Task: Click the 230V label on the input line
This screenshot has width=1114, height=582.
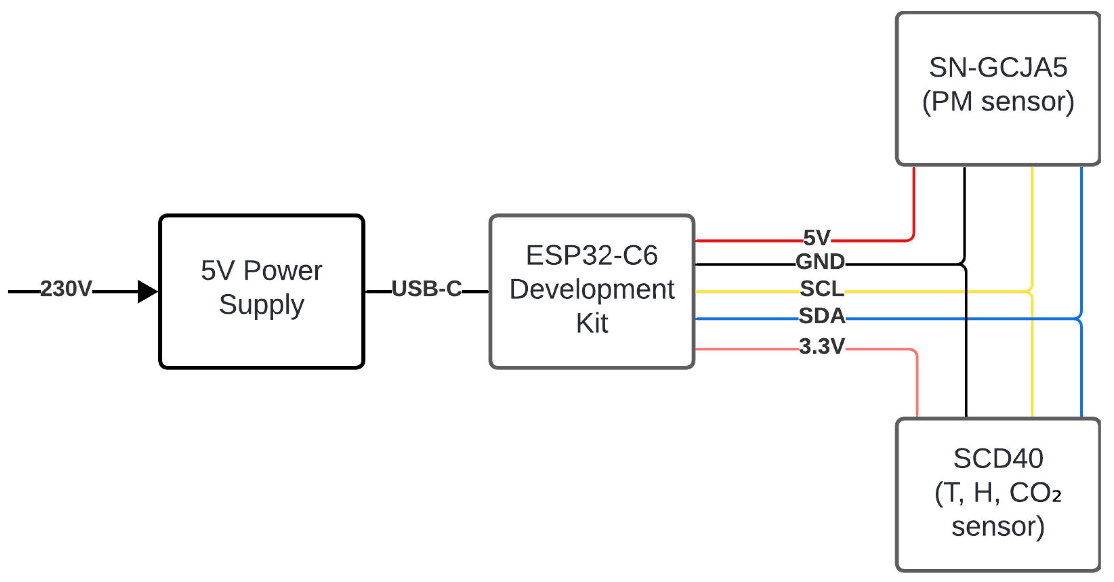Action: (66, 289)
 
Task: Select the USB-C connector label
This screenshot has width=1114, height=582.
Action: (427, 289)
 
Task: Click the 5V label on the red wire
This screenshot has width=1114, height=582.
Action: (817, 238)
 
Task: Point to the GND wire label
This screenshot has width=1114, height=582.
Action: (820, 261)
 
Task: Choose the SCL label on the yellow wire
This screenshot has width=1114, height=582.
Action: (822, 289)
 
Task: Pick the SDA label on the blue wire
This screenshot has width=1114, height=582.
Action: (822, 316)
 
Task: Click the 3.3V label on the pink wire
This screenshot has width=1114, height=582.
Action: (822, 346)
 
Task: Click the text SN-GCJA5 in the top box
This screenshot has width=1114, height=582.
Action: (998, 68)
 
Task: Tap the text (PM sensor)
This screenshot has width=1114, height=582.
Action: (998, 102)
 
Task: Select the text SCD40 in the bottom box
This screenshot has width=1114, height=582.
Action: (998, 459)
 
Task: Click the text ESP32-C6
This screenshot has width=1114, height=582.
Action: (591, 255)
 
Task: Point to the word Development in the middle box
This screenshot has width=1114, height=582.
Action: (591, 289)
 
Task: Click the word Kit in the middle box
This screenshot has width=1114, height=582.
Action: (591, 323)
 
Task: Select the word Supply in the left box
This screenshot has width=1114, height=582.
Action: (261, 305)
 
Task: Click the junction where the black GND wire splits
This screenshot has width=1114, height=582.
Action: (964, 264)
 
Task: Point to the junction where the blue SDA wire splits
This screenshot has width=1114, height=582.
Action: (1080, 319)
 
